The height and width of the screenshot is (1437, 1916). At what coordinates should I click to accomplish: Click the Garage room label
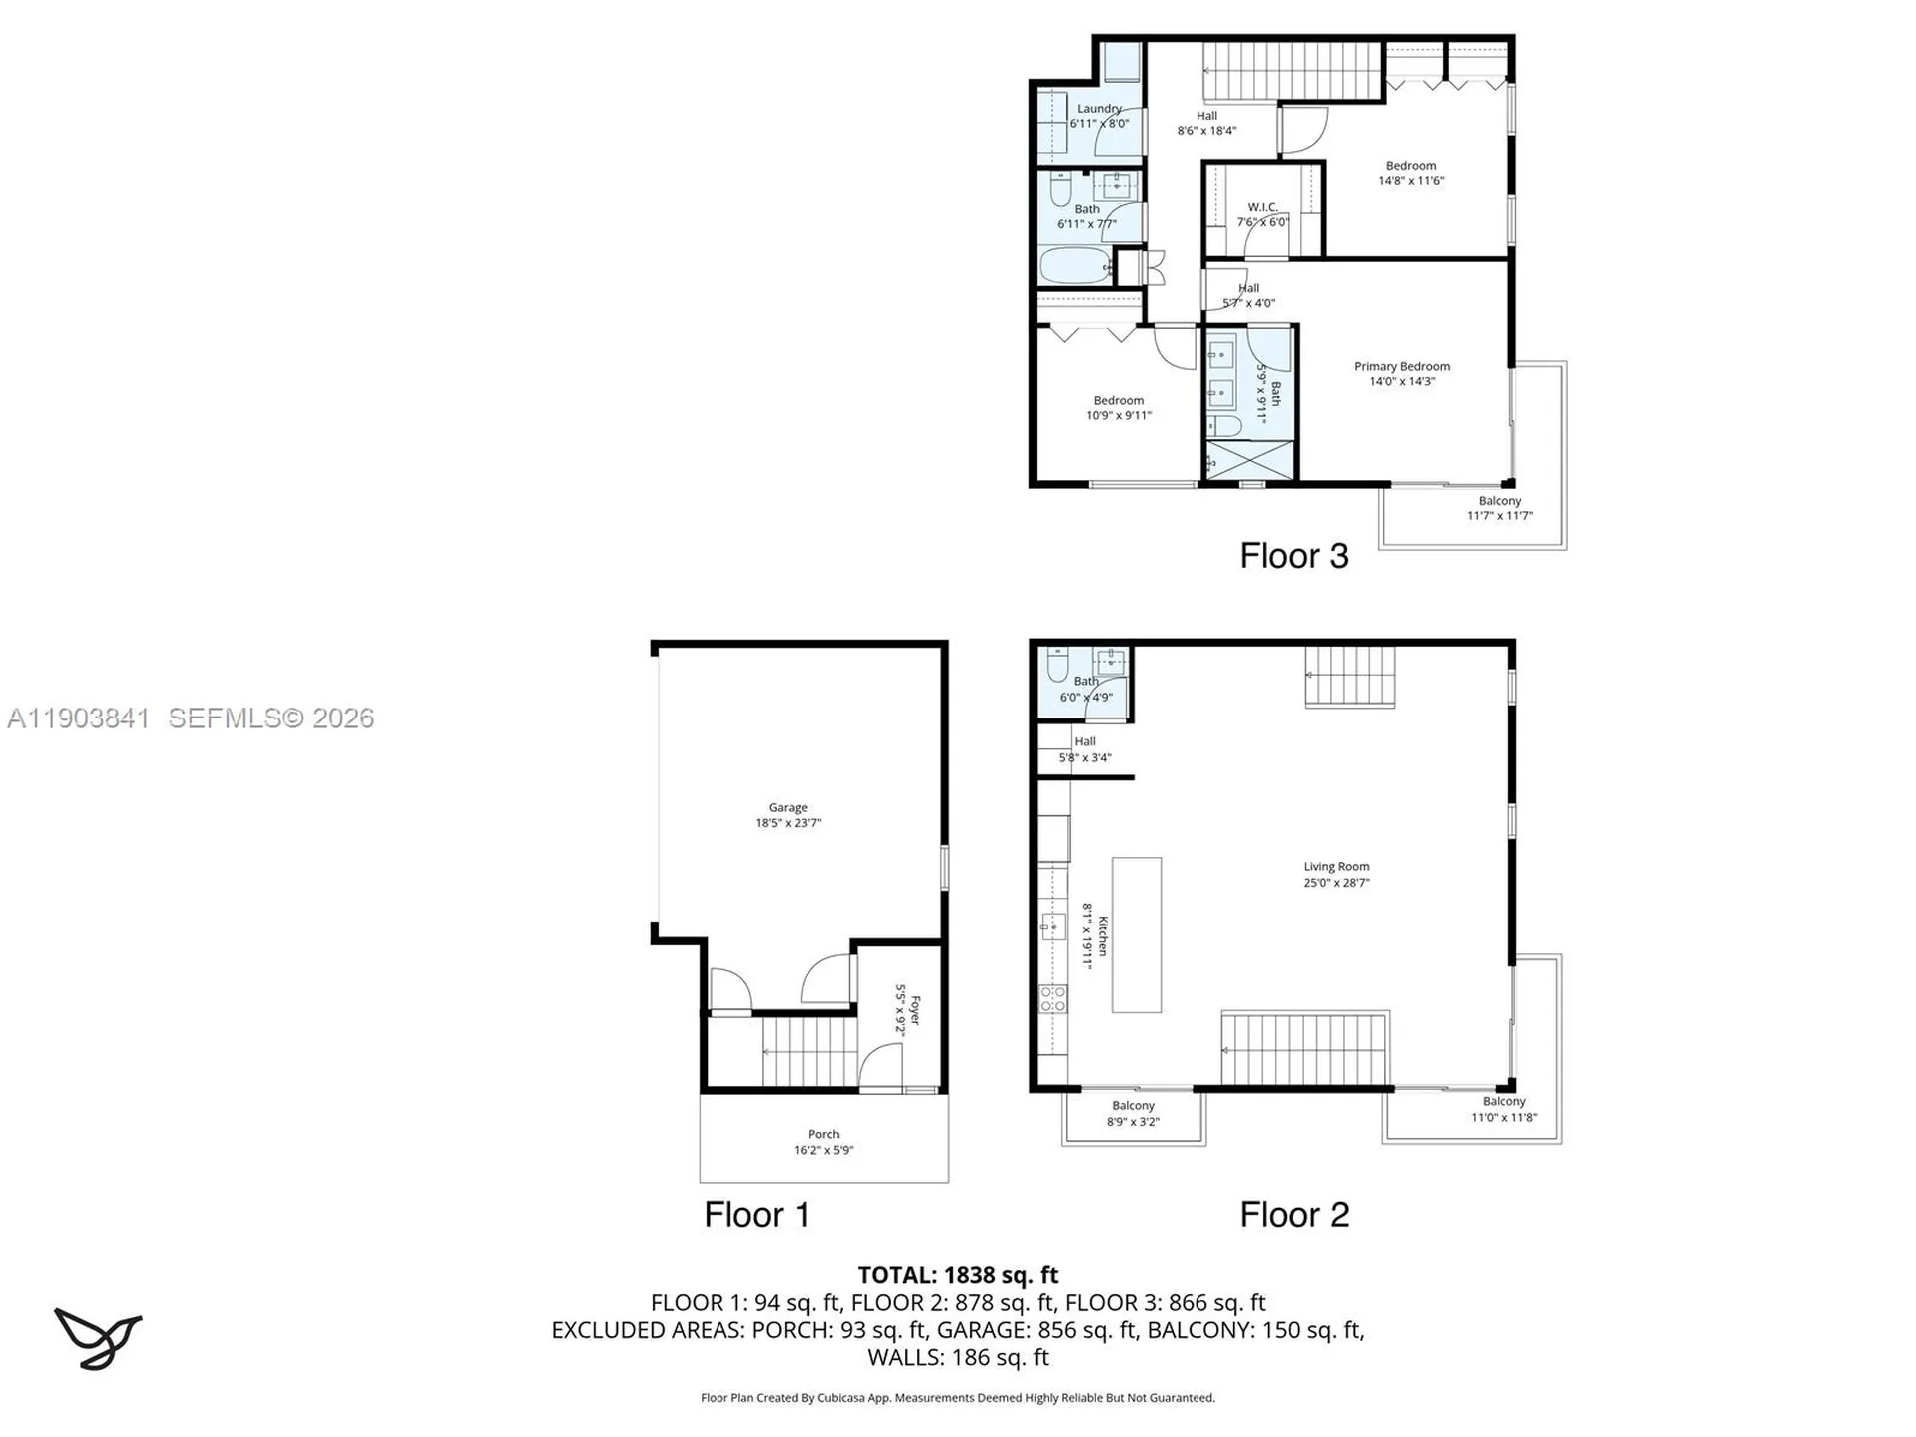click(x=787, y=808)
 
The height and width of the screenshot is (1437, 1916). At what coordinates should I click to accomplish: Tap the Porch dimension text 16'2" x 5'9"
click(x=823, y=1150)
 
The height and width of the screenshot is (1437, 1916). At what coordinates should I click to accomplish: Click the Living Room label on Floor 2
click(x=1336, y=867)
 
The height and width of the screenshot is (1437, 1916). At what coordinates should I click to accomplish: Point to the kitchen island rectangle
click(x=1136, y=935)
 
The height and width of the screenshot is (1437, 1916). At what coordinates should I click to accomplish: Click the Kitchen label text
click(x=1102, y=936)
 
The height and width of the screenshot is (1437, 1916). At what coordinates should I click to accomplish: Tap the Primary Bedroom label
click(x=1401, y=366)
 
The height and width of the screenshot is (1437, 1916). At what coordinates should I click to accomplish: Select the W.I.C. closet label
click(x=1262, y=207)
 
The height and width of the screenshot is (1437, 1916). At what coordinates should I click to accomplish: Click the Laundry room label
click(x=1099, y=108)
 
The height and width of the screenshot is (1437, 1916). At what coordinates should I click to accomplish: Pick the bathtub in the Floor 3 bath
click(x=1075, y=266)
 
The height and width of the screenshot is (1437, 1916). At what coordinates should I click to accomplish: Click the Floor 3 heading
click(x=1293, y=556)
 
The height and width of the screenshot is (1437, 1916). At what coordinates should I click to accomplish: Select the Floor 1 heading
click(x=756, y=1215)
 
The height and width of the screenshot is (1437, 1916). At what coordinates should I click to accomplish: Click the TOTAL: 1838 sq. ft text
click(x=957, y=1275)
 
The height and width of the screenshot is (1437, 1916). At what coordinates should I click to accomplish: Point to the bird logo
click(x=98, y=1338)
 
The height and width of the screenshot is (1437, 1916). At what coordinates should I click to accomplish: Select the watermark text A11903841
click(x=79, y=718)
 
